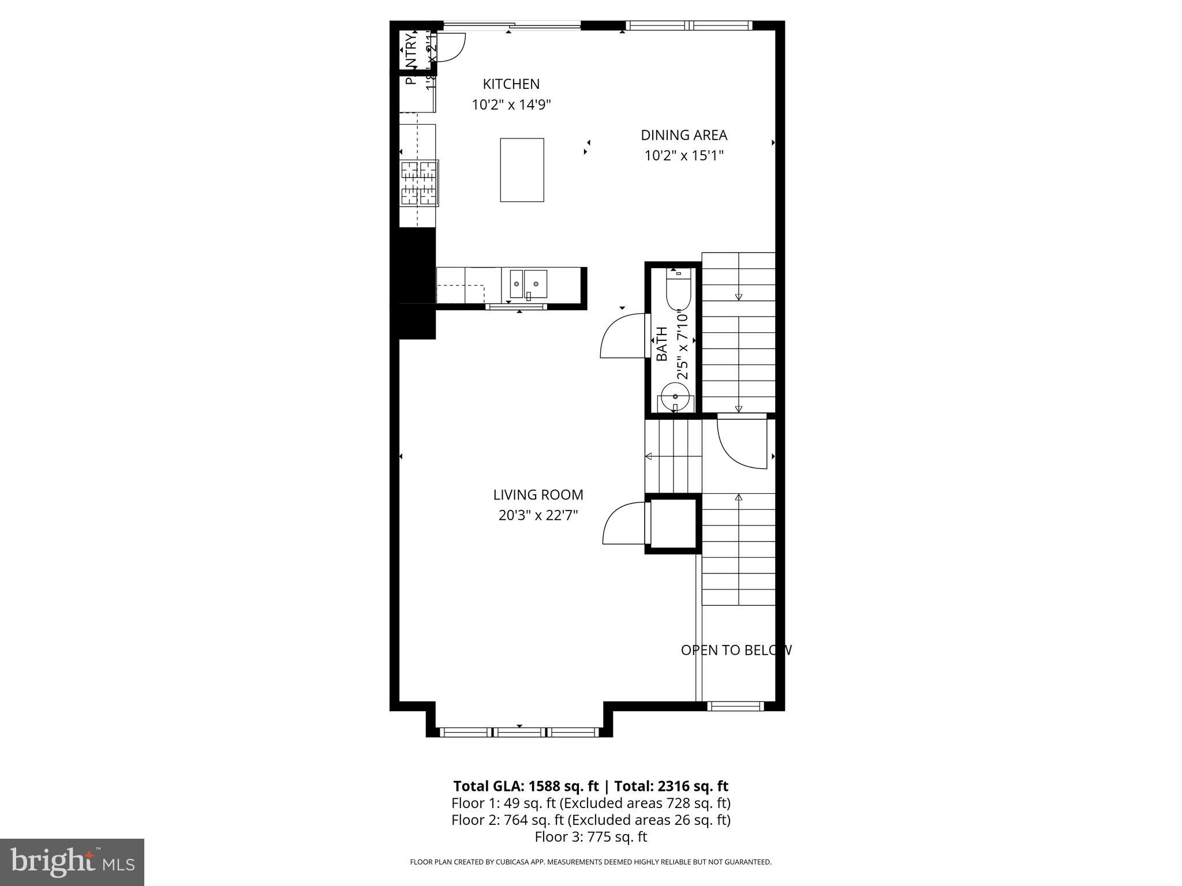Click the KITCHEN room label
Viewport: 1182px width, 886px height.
click(x=511, y=84)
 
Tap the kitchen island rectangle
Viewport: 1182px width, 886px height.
click(x=522, y=170)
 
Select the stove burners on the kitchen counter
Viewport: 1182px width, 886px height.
click(x=420, y=183)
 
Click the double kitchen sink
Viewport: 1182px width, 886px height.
click(x=528, y=284)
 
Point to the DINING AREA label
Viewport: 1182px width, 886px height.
click(x=683, y=135)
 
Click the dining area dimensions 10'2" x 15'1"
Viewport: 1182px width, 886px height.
click(x=683, y=156)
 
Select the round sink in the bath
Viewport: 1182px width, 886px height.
click(x=675, y=397)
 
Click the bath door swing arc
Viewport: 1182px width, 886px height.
click(x=620, y=337)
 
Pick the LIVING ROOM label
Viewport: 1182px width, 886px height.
click(x=538, y=495)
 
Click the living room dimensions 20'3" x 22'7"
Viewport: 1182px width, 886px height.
click(x=538, y=515)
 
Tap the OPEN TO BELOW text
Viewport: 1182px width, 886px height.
click(x=736, y=650)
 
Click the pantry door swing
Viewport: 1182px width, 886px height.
click(x=451, y=48)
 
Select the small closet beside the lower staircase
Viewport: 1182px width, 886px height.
click(x=673, y=524)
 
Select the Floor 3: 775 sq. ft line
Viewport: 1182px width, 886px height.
click(x=590, y=837)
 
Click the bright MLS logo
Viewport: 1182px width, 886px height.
click(x=72, y=862)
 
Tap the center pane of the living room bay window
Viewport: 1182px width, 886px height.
click(x=520, y=733)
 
